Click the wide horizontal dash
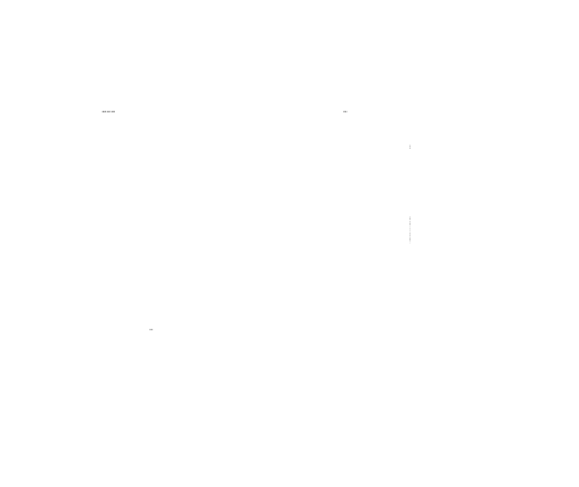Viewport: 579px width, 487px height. tap(108, 112)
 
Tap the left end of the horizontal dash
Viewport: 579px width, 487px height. tap(102, 112)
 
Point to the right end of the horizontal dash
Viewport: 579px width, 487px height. tap(114, 112)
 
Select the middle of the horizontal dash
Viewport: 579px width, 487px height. tap(108, 112)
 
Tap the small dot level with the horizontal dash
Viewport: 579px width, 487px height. tap(345, 112)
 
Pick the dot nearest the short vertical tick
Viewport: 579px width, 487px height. tap(345, 112)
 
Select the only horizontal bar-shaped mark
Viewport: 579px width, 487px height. tap(108, 112)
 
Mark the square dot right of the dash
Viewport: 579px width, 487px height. tap(345, 112)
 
